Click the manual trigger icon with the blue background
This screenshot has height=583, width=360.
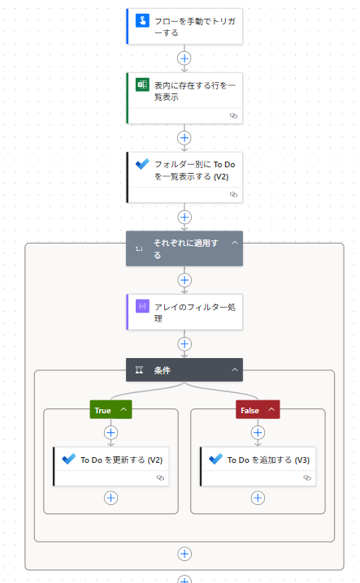142,20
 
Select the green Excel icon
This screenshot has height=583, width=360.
142,84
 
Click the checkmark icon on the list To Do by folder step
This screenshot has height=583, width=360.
142,163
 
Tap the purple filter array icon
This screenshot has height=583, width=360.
142,306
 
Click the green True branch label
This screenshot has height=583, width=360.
111,410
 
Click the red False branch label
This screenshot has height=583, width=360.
258,410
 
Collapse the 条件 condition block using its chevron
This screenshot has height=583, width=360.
235,369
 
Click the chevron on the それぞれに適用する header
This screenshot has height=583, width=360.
235,243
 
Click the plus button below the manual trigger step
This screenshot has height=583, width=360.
184,58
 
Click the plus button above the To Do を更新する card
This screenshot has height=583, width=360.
111,433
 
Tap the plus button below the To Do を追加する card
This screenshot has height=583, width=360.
258,498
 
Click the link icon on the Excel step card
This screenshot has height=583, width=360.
233,115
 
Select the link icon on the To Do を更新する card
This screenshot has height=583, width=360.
160,477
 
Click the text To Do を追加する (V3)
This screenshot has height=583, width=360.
268,460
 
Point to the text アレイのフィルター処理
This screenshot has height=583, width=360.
195,313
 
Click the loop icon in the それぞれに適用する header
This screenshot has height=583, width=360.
139,248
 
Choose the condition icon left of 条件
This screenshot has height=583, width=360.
139,369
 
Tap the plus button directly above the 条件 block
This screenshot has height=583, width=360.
184,344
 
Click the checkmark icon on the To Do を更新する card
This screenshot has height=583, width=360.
69,460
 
